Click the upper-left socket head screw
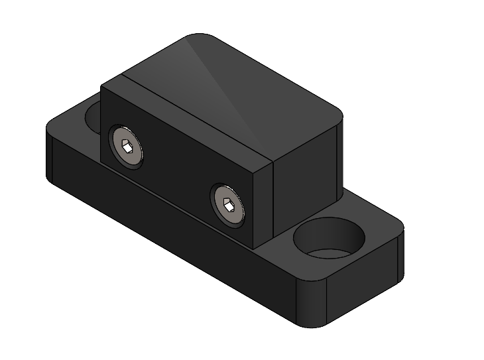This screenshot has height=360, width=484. (x=127, y=147)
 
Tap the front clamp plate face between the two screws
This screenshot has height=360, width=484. (x=176, y=172)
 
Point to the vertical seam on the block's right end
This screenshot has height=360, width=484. (x=273, y=199)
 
